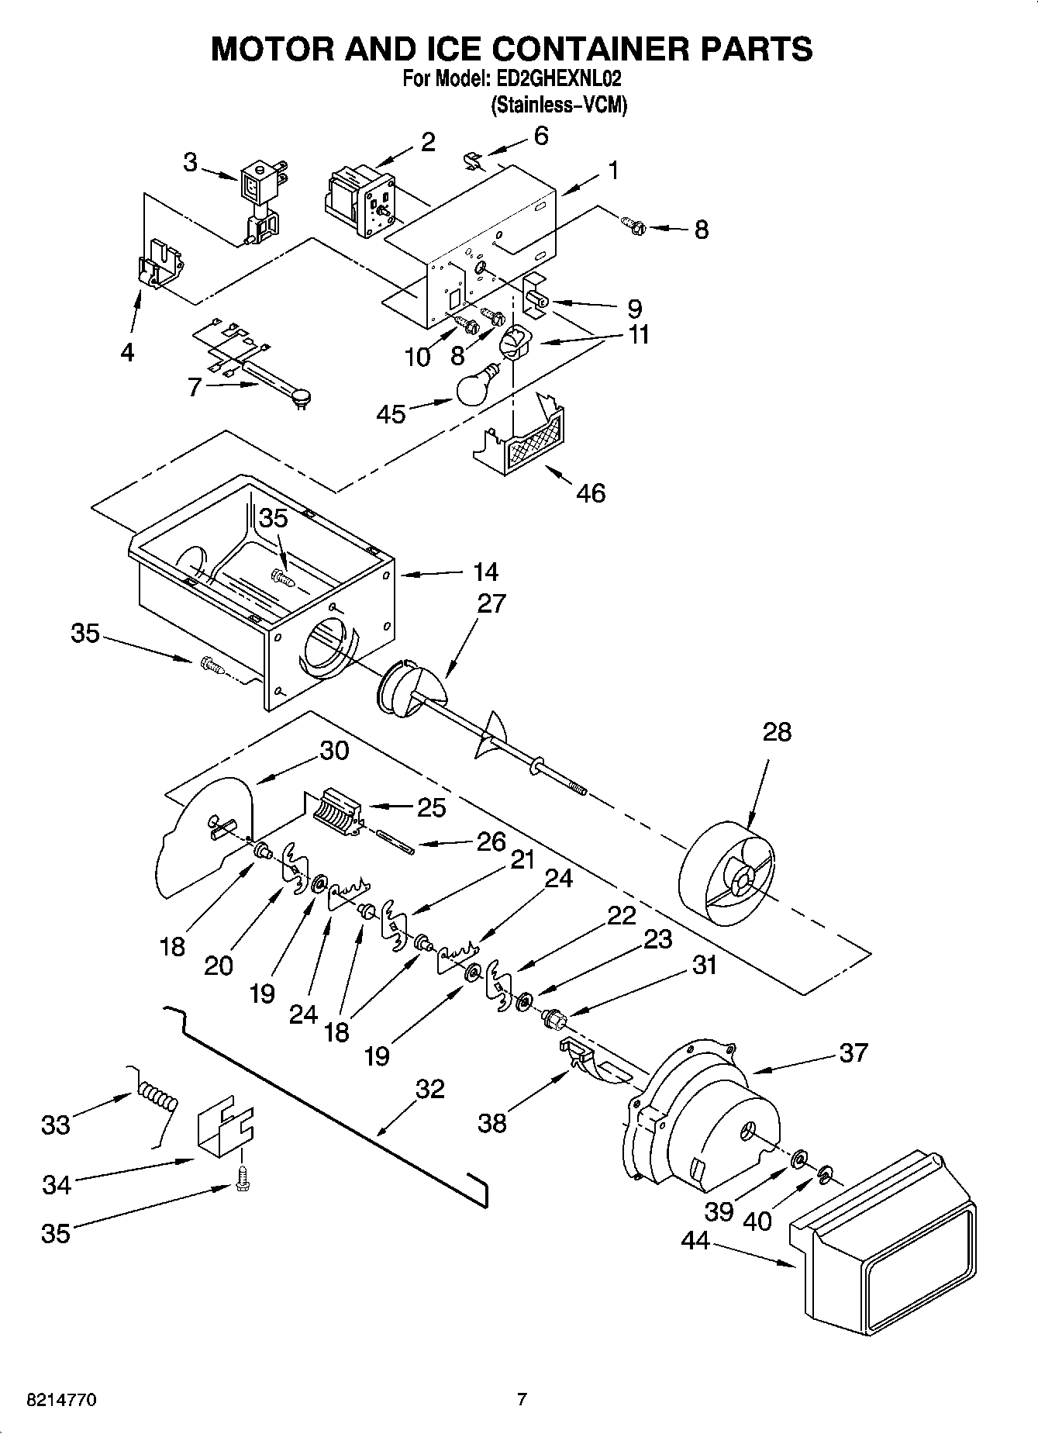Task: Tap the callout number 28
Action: point(777,731)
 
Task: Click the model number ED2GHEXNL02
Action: point(555,78)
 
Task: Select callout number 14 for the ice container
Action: point(485,572)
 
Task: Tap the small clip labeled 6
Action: point(471,161)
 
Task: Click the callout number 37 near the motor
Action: point(853,1052)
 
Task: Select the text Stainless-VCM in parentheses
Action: point(558,105)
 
